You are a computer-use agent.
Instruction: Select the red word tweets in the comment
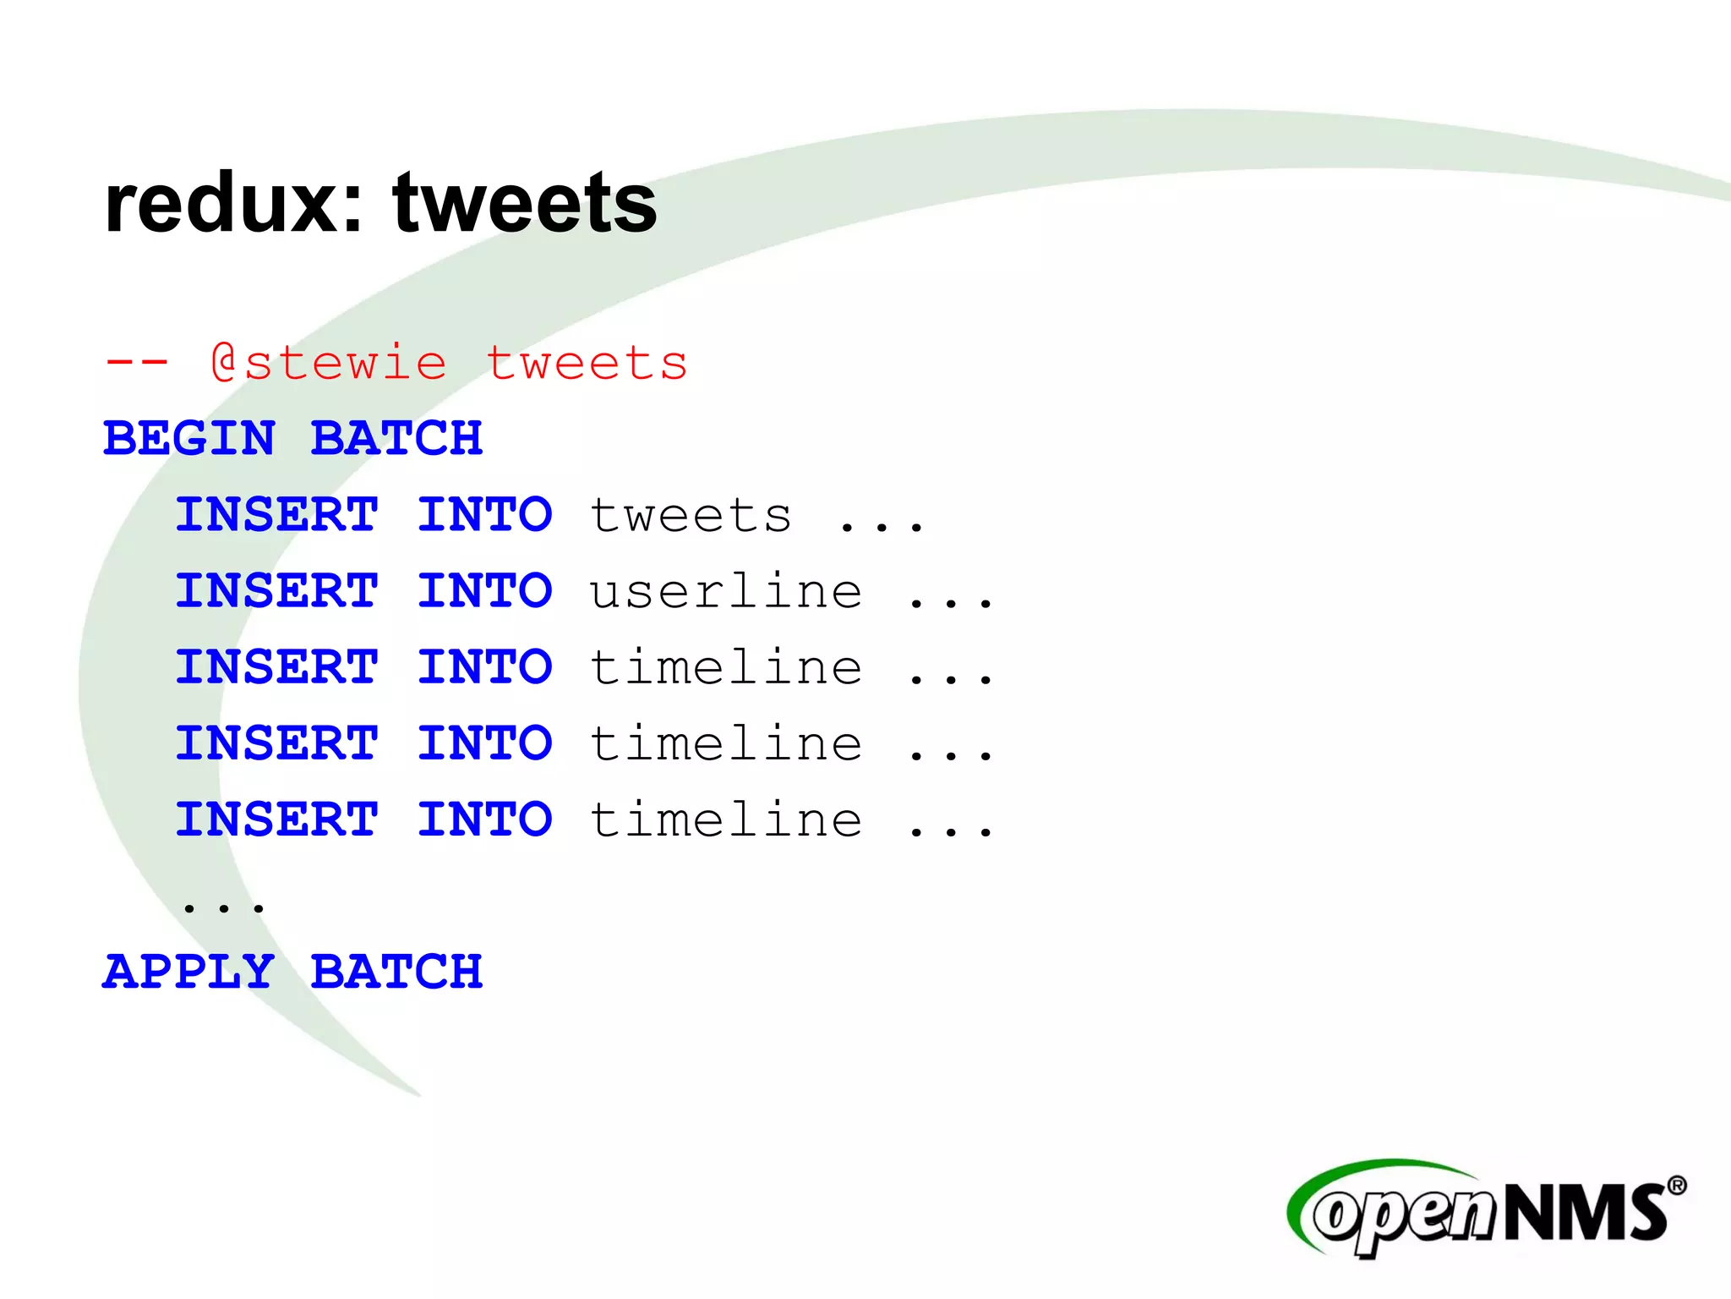click(x=587, y=364)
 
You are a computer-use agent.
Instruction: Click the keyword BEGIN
click(x=189, y=439)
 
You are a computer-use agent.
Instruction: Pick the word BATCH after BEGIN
click(x=396, y=439)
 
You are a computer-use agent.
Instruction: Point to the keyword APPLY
click(x=189, y=972)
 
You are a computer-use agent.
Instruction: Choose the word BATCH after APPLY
click(x=396, y=972)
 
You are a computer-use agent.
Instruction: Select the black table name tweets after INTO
click(x=691, y=515)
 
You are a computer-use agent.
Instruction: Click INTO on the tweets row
click(x=484, y=515)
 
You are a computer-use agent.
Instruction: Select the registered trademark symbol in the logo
click(x=1677, y=1186)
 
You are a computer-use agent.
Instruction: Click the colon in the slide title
click(x=353, y=211)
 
